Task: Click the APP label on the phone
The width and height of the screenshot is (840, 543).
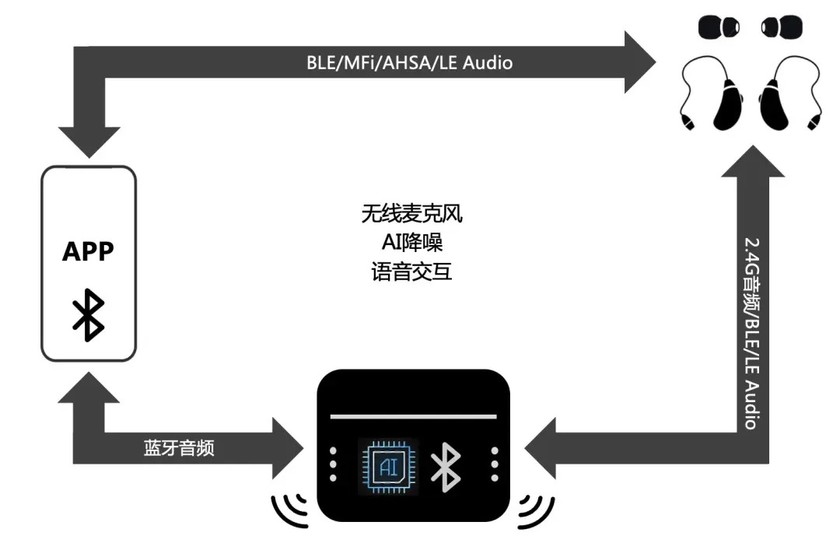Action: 88,252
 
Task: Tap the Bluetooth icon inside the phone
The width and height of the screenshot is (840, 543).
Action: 88,315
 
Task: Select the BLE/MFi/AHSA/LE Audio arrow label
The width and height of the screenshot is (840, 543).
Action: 409,63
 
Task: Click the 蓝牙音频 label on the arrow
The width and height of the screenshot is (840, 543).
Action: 179,448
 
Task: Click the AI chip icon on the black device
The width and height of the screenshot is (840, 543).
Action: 388,466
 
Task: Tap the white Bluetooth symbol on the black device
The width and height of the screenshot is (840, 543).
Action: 446,467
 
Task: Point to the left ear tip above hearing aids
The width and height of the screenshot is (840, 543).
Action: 719,27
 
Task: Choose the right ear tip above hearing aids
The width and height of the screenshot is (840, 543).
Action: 780,27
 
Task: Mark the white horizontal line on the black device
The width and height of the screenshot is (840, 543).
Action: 413,416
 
